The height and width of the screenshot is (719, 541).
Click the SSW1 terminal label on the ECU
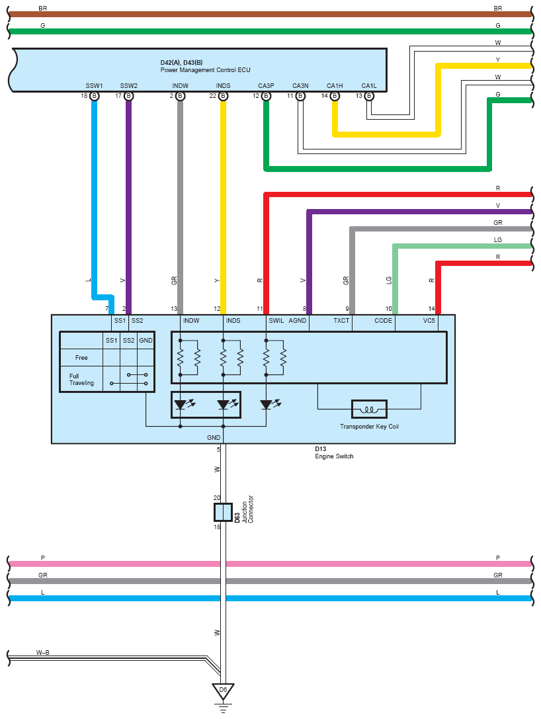pyautogui.click(x=94, y=86)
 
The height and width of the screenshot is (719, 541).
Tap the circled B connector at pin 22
pyautogui.click(x=224, y=96)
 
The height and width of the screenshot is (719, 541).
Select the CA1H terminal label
pyautogui.click(x=335, y=86)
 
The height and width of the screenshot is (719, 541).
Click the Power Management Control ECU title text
pyautogui.click(x=206, y=70)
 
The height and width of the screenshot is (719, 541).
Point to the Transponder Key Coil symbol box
pyautogui.click(x=369, y=409)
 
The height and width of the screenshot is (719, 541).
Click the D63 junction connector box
pyautogui.click(x=223, y=512)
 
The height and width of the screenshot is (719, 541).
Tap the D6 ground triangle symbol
pyautogui.click(x=224, y=691)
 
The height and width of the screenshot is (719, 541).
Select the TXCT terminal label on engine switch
pyautogui.click(x=341, y=321)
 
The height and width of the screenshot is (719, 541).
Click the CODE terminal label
pyautogui.click(x=384, y=321)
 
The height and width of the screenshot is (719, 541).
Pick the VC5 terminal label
pyautogui.click(x=429, y=321)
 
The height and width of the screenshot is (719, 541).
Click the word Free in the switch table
pyautogui.click(x=81, y=358)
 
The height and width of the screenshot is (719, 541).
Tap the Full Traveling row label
pyautogui.click(x=81, y=379)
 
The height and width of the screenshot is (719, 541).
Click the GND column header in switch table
pyautogui.click(x=146, y=340)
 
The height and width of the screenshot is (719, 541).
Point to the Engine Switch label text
pyautogui.click(x=334, y=456)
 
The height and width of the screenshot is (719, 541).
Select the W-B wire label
pyautogui.click(x=42, y=652)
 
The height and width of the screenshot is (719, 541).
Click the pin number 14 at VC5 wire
pyautogui.click(x=431, y=309)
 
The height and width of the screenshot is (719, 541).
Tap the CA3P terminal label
pyautogui.click(x=266, y=86)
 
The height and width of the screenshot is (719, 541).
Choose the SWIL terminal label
pyautogui.click(x=276, y=321)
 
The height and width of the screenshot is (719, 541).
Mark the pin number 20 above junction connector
pyautogui.click(x=217, y=497)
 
